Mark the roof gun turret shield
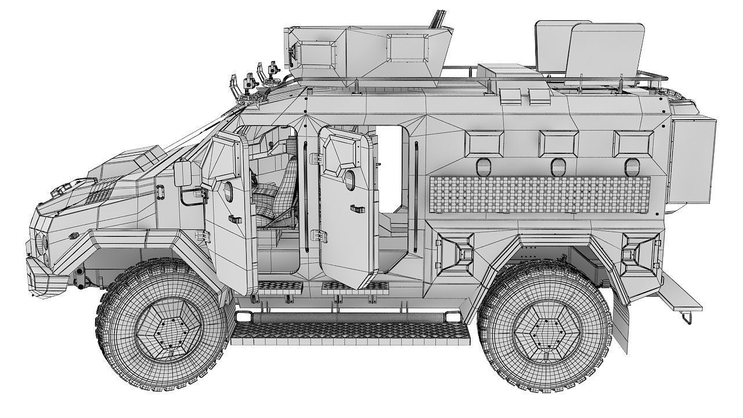coord(366,51)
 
